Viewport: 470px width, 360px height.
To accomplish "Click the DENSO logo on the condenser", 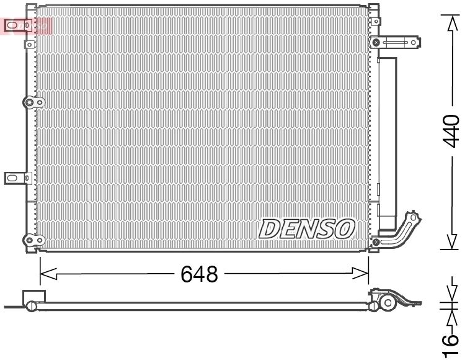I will pos(306,228).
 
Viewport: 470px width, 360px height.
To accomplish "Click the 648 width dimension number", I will pos(199,274).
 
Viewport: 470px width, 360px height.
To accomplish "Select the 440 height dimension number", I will pos(452,130).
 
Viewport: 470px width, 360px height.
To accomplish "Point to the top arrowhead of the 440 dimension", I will pos(452,22).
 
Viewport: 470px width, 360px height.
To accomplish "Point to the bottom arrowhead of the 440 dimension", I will pos(452,241).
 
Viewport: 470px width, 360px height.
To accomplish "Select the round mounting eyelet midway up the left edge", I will pos(29,102).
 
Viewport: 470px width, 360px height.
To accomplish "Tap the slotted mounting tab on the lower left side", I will pos(16,178).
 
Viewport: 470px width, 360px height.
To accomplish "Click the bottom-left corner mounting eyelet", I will pos(29,240).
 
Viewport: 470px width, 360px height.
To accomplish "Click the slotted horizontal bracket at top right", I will pos(396,42).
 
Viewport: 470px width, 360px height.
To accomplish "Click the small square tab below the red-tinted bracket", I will pos(29,44).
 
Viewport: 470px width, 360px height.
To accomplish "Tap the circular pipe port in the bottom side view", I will pos(388,303).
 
